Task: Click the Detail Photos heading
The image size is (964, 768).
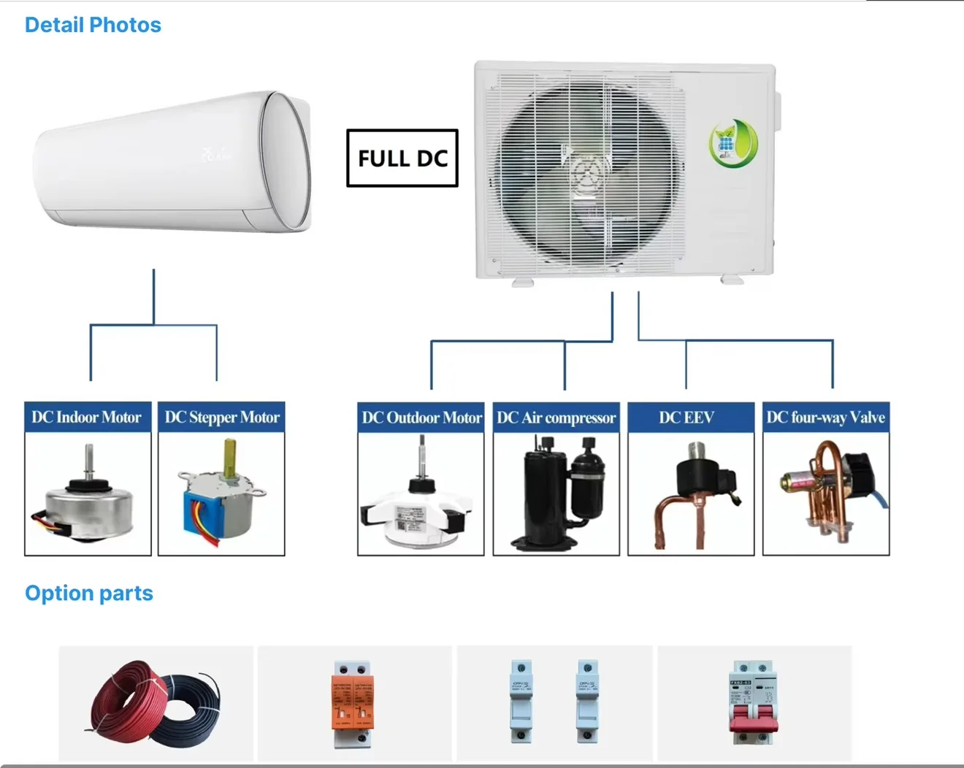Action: pos(93,25)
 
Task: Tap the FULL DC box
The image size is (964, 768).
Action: pos(402,158)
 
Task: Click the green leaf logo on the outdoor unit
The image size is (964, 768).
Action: pos(732,143)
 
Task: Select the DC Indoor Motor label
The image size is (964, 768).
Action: pos(87,418)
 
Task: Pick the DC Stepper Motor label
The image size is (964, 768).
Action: pos(221,418)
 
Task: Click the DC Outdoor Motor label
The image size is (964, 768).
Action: pos(421,418)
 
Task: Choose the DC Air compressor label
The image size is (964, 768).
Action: pos(556,418)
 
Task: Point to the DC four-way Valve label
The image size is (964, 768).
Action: pos(825,418)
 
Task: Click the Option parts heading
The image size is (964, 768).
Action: pos(89,593)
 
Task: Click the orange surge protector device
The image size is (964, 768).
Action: pos(352,702)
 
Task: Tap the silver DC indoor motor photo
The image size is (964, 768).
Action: pos(88,504)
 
